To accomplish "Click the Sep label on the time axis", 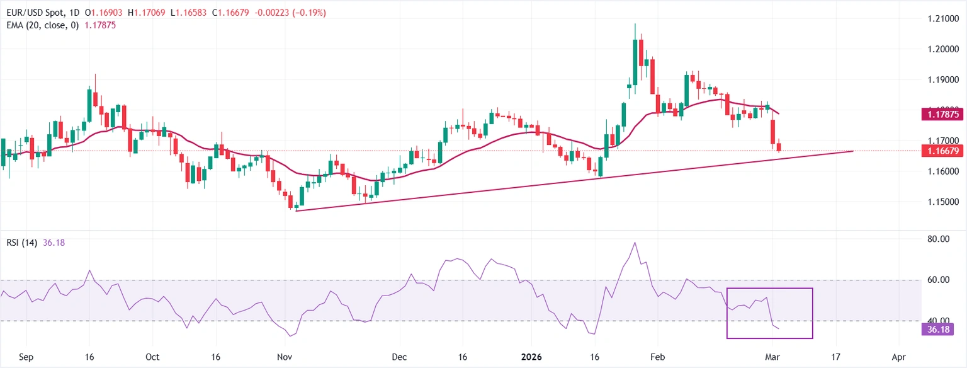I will (x=26, y=357).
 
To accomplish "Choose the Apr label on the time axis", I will (x=899, y=357).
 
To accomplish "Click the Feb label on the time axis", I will (x=657, y=357).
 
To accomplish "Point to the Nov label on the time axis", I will (x=285, y=357).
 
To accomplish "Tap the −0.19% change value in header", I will (x=310, y=13).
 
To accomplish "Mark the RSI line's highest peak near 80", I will (x=635, y=243).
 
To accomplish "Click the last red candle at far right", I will (x=779, y=147).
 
